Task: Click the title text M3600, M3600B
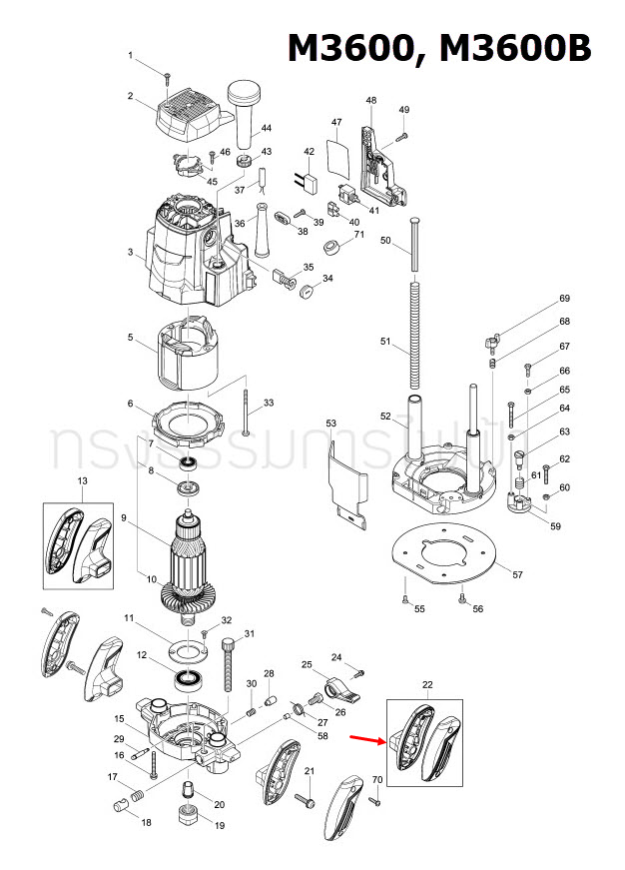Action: [x=439, y=48]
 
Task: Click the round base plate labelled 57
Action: [x=446, y=552]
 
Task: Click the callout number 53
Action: [x=331, y=425]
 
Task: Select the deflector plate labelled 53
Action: [x=347, y=479]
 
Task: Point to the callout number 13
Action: [x=82, y=481]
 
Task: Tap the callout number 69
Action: [x=564, y=299]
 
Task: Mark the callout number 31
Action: [x=251, y=633]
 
